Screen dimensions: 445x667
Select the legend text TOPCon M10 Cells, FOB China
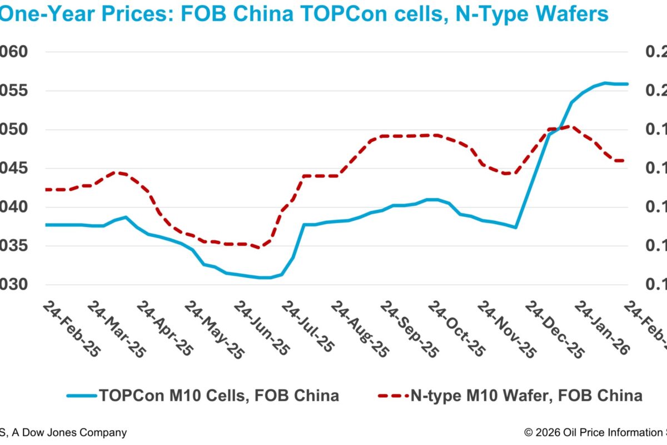[x=219, y=395]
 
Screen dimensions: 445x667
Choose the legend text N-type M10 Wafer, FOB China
[x=526, y=395]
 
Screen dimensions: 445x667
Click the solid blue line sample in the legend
[x=82, y=396]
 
